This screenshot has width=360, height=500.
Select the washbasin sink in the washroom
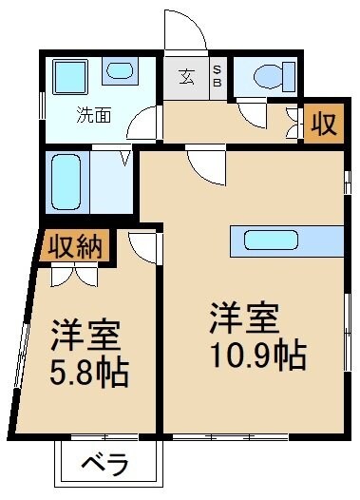click(x=119, y=70)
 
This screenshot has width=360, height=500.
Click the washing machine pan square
click(x=70, y=75)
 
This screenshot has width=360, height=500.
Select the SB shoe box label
click(x=217, y=77)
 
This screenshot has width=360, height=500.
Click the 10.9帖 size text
click(x=259, y=355)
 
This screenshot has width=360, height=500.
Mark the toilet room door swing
click(x=252, y=116)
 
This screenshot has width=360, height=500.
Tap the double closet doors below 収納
click(x=72, y=276)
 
